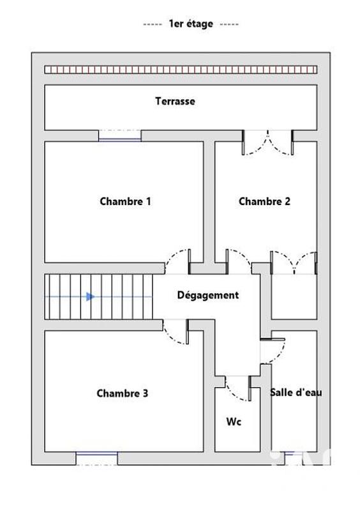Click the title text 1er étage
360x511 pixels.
[x=190, y=24]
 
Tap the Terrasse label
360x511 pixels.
[x=175, y=101]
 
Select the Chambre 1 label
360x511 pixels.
[x=125, y=201]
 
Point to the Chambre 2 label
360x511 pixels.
[x=264, y=201]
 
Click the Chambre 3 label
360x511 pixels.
[x=123, y=393]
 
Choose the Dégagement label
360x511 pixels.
[x=208, y=295]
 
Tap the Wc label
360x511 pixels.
[x=234, y=422]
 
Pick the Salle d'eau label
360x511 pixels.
[x=296, y=392]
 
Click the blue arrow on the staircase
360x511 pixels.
[x=91, y=296]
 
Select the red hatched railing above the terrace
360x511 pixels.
[x=180, y=70]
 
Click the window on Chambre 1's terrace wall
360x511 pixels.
[x=119, y=135]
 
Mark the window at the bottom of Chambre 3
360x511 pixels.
[x=97, y=458]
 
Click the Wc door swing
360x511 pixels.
[x=237, y=388]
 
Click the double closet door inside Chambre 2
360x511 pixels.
[x=294, y=262]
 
